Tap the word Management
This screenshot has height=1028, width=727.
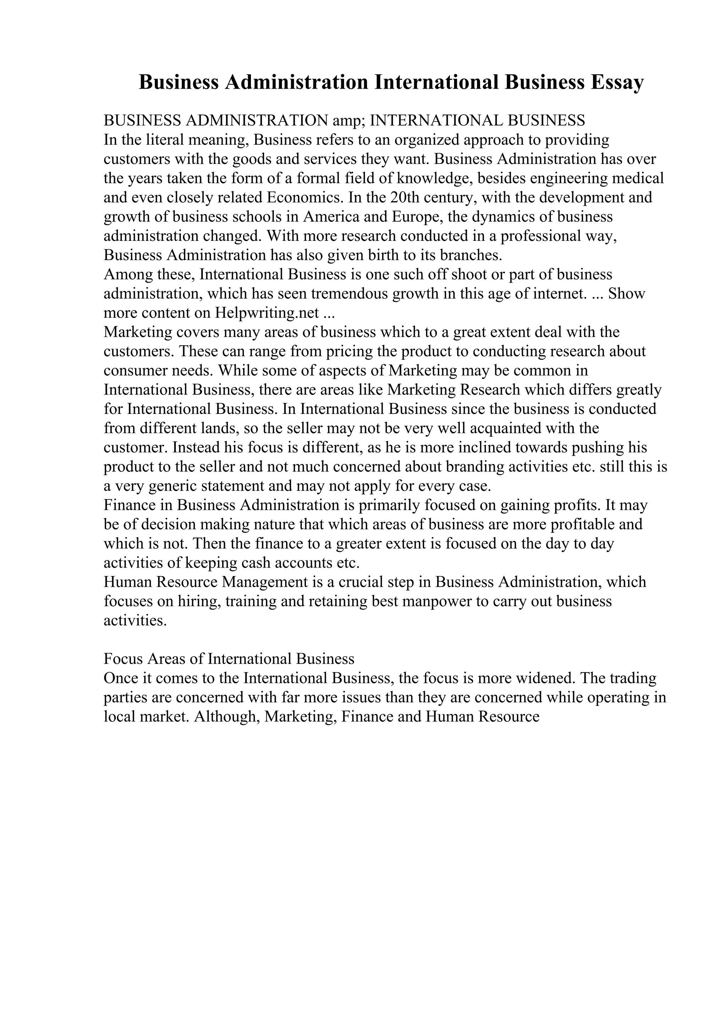(x=265, y=582)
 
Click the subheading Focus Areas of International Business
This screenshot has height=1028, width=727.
(x=229, y=659)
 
